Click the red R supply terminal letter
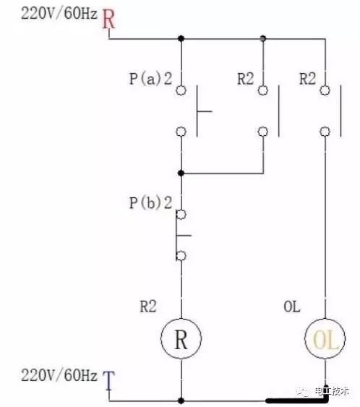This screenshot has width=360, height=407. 108,19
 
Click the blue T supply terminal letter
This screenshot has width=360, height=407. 108,380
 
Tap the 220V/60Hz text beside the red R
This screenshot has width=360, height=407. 59,14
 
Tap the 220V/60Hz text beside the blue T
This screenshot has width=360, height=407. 59,375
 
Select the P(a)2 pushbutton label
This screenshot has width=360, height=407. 150,79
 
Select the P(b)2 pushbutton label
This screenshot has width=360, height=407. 150,202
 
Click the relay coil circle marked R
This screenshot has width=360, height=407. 181,339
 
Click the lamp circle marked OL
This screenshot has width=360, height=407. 325,339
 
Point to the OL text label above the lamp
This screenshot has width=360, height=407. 292,307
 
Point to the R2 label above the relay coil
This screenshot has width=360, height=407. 148,307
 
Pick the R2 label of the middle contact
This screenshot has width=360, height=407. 246,79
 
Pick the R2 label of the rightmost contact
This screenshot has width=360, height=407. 307,79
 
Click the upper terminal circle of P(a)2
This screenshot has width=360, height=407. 181,90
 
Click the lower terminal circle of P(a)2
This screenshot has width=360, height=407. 181,132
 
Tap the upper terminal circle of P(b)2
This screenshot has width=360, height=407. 181,215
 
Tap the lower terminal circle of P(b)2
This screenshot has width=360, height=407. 181,256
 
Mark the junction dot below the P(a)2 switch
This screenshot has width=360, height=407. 181,173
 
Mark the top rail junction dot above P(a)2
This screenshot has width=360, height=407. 181,38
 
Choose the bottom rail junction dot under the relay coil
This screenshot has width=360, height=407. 181,400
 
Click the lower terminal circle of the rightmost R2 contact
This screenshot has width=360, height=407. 325,132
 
